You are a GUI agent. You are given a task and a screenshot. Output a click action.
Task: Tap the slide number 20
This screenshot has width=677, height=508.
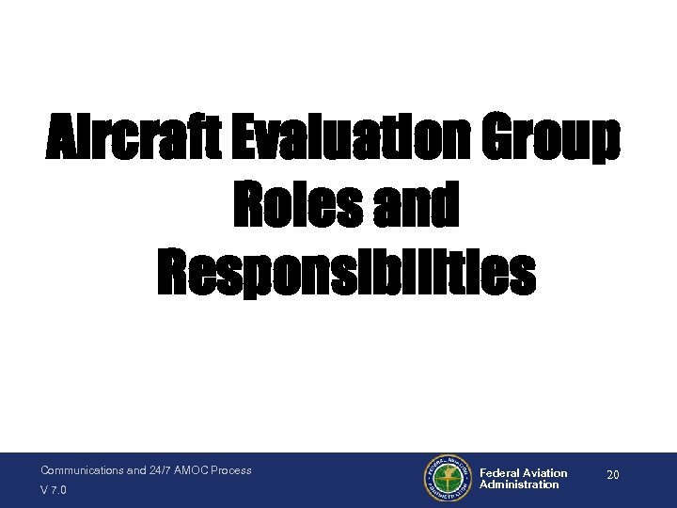click(612, 476)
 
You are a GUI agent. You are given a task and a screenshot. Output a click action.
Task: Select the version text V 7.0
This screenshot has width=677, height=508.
click(53, 490)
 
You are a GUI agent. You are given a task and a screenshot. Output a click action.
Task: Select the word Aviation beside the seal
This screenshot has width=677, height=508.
click(544, 473)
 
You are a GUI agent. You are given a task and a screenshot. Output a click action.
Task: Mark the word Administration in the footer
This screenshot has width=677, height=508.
click(519, 484)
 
